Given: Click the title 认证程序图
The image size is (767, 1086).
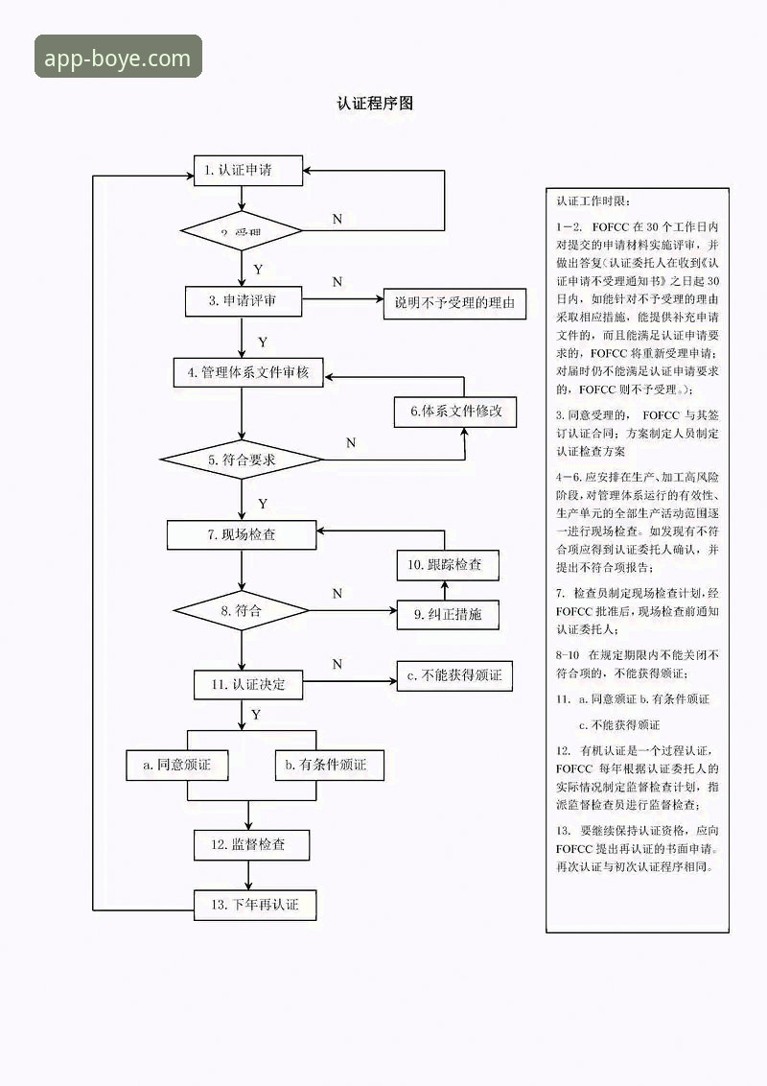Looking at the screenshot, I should tap(375, 104).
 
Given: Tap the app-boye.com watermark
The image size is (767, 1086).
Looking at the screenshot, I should tap(119, 58).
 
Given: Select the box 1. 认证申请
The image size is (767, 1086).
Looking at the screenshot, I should tap(248, 171).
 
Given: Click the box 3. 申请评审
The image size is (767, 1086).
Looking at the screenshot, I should tap(244, 301).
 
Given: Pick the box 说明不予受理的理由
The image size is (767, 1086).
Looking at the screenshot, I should tap(454, 304).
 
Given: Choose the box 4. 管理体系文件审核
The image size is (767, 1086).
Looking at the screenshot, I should tap(248, 372).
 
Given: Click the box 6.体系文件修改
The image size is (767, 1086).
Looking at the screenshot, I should tap(455, 412).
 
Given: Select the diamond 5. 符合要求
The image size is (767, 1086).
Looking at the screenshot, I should tap(242, 460).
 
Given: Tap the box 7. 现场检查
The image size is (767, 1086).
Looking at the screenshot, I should tap(242, 534).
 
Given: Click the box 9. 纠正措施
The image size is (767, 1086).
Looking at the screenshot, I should tap(448, 614).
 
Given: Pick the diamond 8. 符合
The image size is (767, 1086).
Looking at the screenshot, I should tap(241, 610).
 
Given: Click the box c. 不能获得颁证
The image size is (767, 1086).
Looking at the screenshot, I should tap(453, 676).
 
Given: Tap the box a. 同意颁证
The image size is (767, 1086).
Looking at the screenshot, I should tap(176, 765).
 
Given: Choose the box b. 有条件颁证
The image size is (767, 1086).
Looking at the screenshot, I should tap(326, 765).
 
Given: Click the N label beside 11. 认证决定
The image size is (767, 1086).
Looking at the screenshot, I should tap(337, 664).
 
